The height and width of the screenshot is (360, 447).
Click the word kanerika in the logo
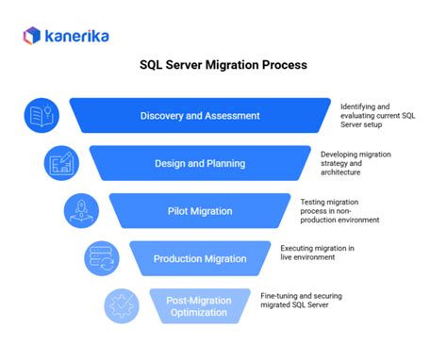pyautogui.click(x=74, y=35)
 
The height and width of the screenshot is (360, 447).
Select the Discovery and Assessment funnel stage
pyautogui.click(x=200, y=116)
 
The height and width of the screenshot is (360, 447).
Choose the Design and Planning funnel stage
pyautogui.click(x=200, y=163)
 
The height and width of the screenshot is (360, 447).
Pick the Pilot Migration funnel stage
pyautogui.click(x=200, y=211)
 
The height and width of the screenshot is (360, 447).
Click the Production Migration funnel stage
pyautogui.click(x=200, y=258)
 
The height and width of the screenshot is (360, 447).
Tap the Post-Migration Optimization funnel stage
pyautogui.click(x=200, y=305)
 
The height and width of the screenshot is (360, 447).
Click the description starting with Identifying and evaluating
pyautogui.click(x=376, y=116)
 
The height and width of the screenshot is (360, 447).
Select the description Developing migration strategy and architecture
pyautogui.click(x=356, y=163)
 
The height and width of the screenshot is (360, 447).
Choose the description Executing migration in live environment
pyautogui.click(x=317, y=253)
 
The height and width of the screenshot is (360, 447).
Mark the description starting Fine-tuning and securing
pyautogui.click(x=301, y=301)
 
